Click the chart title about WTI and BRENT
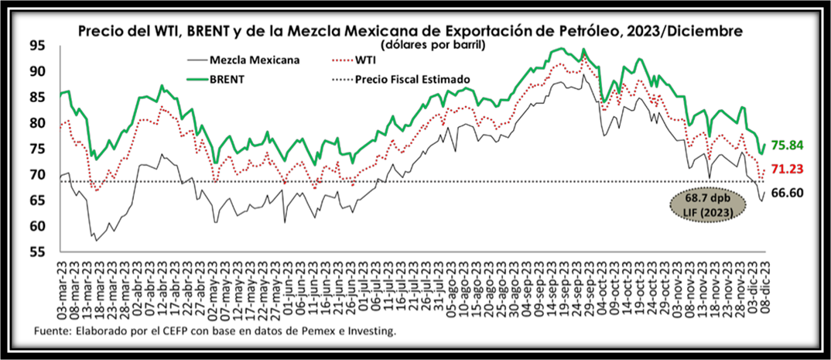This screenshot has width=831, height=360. tap(410, 32)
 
